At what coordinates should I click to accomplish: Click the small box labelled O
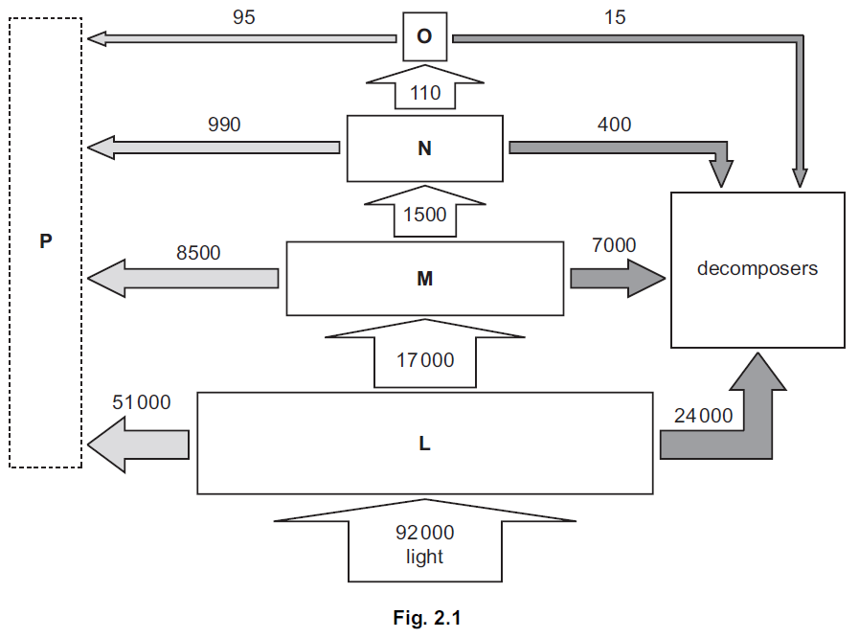[424, 36]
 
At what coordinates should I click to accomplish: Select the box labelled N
[424, 148]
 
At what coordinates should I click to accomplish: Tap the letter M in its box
[424, 279]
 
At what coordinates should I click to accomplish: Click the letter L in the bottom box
[424, 444]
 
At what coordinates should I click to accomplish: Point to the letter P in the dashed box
[44, 241]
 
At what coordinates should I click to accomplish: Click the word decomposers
[757, 268]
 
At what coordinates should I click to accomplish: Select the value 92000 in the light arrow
[424, 533]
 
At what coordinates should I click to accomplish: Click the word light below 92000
[424, 556]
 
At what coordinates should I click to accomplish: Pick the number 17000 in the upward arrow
[425, 360]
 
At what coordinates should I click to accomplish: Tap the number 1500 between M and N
[424, 215]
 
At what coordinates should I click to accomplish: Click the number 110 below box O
[424, 93]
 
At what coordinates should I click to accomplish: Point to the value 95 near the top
[244, 17]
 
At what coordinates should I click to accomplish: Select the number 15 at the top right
[615, 17]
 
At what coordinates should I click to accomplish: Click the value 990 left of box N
[224, 125]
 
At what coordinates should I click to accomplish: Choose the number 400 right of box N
[614, 125]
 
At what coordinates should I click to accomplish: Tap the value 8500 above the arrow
[198, 253]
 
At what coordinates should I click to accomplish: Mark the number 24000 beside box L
[704, 416]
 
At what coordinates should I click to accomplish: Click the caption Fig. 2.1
[427, 618]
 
